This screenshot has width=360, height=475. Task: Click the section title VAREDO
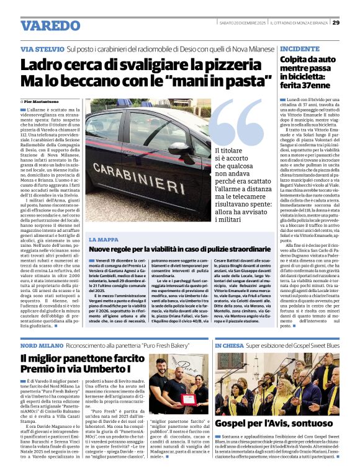[x=50, y=25]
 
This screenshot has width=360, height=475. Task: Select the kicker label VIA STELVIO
[x=41, y=49]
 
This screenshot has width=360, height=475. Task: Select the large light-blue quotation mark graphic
[x=237, y=125]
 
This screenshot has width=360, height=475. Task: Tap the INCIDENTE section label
[x=300, y=48]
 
